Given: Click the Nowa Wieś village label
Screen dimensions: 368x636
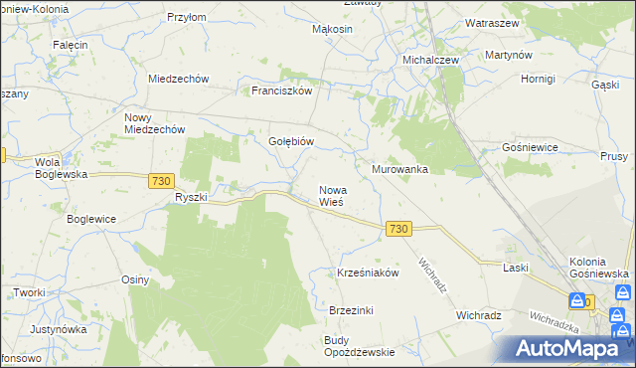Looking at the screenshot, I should click(331, 195).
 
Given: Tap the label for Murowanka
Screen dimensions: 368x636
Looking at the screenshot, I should click(399, 169).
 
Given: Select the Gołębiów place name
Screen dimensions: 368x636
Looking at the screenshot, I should click(291, 141).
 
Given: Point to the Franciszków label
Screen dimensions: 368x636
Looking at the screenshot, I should click(282, 90).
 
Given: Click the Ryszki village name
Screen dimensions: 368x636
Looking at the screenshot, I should click(190, 197).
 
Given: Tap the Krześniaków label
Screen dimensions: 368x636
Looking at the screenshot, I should click(368, 273).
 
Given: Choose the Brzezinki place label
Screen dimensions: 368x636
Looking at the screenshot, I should click(351, 310).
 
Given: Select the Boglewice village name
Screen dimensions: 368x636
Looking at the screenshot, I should click(91, 219).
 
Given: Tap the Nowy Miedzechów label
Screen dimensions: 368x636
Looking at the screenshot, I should click(154, 123).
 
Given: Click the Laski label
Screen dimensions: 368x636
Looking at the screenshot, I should click(515, 268).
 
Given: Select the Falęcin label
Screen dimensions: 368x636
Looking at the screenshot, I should click(71, 46).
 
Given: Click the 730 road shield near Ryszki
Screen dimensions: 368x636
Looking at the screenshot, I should click(162, 181).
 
